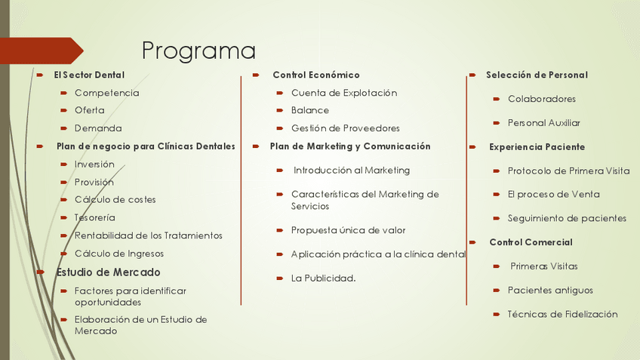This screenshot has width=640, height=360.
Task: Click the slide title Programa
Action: (198, 51)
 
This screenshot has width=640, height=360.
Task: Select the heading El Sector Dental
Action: (89, 75)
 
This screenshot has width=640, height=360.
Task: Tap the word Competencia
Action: (107, 93)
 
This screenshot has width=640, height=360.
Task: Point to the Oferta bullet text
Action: (89, 110)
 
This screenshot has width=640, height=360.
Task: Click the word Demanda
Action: (98, 128)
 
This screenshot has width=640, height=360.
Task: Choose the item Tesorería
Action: (94, 217)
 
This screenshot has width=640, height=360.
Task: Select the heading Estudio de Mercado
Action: (108, 272)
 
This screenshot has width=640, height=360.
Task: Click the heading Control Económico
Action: (316, 75)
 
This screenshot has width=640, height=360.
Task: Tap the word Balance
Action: (310, 110)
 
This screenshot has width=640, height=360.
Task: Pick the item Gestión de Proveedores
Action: (346, 128)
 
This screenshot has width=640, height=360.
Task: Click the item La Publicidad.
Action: (323, 278)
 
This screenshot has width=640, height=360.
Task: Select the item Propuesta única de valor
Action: (348, 230)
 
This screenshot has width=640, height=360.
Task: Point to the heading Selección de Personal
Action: (537, 75)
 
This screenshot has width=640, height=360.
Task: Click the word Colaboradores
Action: (542, 99)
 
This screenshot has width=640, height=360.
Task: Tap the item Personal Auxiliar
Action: (544, 123)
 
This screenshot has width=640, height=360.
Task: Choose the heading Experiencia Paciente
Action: (537, 147)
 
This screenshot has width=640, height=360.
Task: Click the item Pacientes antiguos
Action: (550, 291)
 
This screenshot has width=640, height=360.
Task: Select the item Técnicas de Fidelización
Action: (562, 314)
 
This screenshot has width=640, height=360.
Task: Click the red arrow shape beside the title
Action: (42, 51)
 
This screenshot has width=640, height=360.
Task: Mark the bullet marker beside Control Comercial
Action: (472, 242)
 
